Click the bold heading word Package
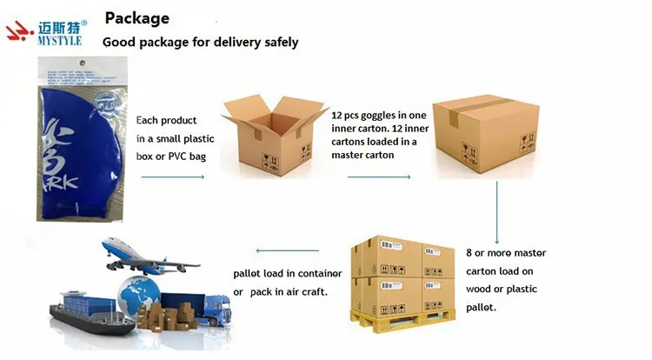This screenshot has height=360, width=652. (x=136, y=17)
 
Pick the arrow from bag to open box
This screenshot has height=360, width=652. (x=172, y=177)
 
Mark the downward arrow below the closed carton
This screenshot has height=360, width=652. (x=496, y=212)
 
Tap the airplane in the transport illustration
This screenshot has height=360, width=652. (x=143, y=257)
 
